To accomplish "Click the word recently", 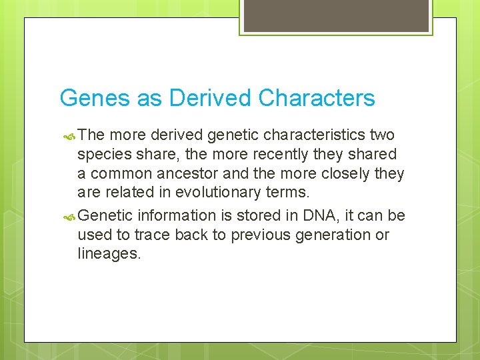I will (279, 155).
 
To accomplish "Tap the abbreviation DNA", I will (315, 215).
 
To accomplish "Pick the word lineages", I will (109, 254).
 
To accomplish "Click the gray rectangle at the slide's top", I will (335, 15).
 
